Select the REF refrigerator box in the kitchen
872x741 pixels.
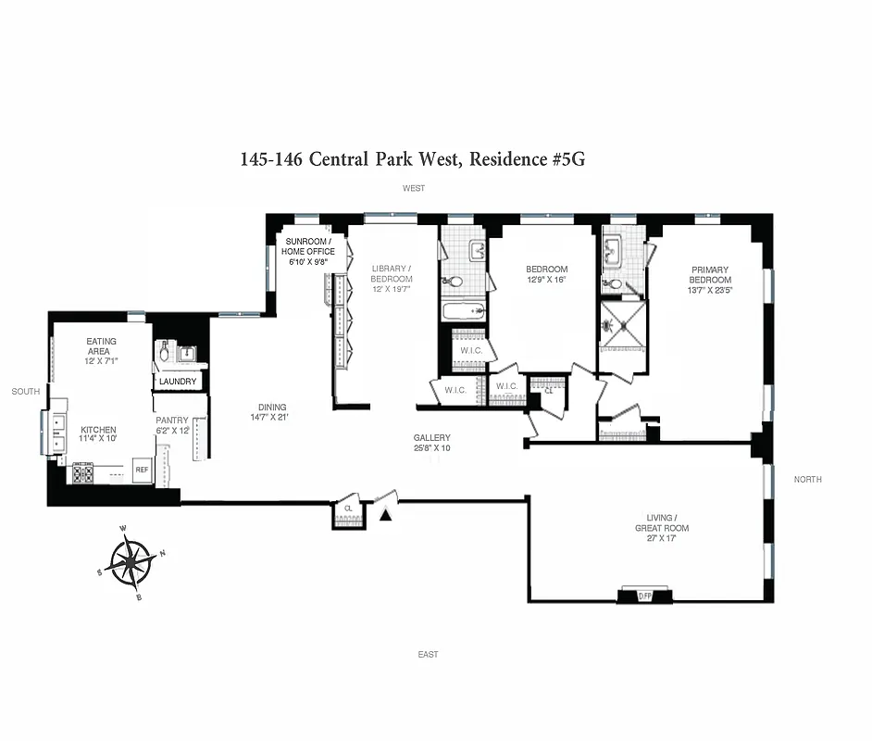coord(142,470)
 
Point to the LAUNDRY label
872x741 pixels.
coord(178,381)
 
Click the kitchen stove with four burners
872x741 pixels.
coord(82,472)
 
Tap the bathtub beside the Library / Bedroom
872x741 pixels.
coord(463,310)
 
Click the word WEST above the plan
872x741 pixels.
coord(413,188)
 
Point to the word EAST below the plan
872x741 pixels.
coord(428,655)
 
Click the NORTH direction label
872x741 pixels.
coord(807,480)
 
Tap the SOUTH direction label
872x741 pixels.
coord(25,392)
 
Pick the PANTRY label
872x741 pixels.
coord(171,421)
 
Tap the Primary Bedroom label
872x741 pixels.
coord(710,275)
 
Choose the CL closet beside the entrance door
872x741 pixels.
coord(347,510)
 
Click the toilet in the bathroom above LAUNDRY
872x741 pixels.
coord(165,352)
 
